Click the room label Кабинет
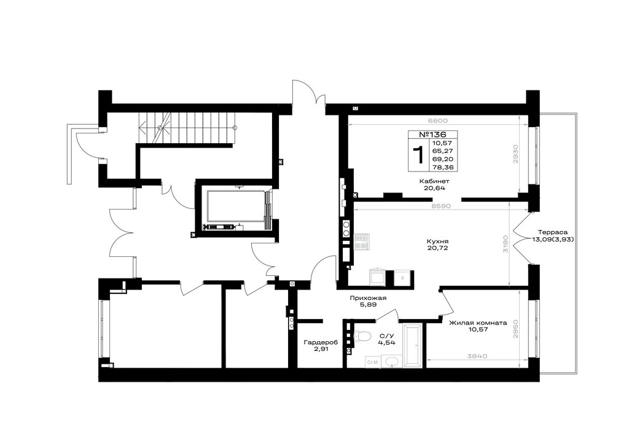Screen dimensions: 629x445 434,181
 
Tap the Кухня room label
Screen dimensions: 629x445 437,242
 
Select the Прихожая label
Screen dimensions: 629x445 368,297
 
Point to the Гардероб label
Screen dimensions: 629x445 321,342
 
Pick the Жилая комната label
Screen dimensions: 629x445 478,323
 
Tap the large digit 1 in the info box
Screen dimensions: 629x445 418,155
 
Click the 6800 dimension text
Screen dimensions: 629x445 437,120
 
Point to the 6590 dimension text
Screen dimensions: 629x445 441,206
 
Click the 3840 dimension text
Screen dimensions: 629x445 477,355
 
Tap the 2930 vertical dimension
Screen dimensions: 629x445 516,154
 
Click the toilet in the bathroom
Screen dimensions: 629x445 362,336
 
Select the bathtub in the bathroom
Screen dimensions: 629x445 412,345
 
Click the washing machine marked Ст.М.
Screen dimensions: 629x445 373,362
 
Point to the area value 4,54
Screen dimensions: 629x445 387,342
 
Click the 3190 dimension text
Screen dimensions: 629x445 506,243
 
